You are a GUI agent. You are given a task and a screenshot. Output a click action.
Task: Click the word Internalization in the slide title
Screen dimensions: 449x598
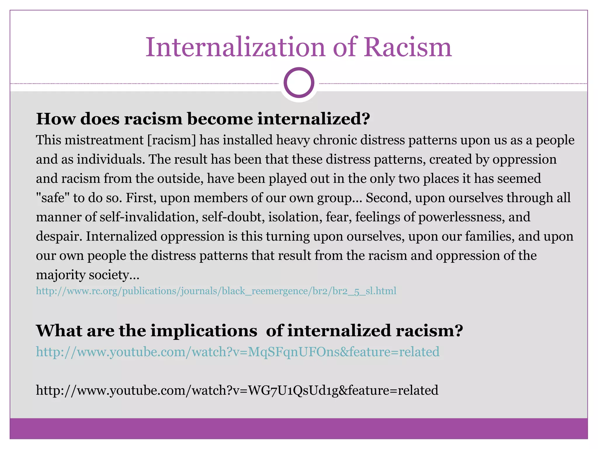pyautogui.click(x=235, y=47)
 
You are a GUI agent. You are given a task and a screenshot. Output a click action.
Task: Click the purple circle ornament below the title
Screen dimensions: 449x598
pyautogui.click(x=299, y=83)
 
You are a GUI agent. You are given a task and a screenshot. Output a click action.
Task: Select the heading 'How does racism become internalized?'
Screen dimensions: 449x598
pyautogui.click(x=203, y=119)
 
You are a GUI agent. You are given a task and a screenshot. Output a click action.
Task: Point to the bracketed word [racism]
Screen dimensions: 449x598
pyautogui.click(x=172, y=140)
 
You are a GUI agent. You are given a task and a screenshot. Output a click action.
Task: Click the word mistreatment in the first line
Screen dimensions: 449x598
pyautogui.click(x=104, y=140)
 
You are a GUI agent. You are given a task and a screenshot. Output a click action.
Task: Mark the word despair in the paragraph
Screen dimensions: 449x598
pyautogui.click(x=58, y=236)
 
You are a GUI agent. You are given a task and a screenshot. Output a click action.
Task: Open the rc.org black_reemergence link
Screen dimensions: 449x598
pyautogui.click(x=216, y=291)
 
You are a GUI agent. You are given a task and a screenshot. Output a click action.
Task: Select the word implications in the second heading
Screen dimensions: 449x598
pyautogui.click(x=204, y=331)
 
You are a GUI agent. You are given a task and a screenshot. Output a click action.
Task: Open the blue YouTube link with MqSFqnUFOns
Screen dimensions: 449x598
pyautogui.click(x=238, y=352)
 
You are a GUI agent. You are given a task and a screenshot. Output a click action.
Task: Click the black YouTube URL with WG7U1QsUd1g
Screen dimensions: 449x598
pyautogui.click(x=237, y=391)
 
